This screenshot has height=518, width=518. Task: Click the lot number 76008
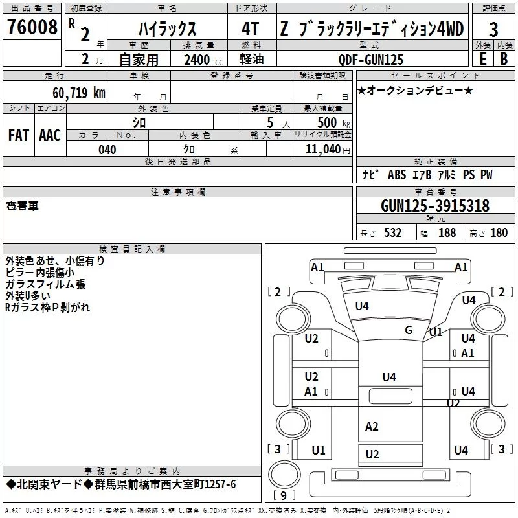(32, 27)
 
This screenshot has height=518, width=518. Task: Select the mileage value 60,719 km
(79, 93)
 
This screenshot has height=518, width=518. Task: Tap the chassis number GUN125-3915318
(435, 205)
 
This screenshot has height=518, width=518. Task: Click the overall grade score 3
(493, 30)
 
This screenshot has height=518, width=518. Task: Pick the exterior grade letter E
(483, 59)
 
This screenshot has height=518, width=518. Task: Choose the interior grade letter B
(504, 59)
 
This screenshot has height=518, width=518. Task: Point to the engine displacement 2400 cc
(203, 60)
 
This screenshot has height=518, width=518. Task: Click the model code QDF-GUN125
(371, 60)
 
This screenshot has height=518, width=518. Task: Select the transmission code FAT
(19, 135)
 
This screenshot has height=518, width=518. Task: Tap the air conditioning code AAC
(50, 135)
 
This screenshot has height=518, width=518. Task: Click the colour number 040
(107, 150)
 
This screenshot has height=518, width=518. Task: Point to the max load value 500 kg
(333, 122)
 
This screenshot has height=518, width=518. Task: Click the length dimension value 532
(393, 232)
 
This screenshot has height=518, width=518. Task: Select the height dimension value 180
(499, 232)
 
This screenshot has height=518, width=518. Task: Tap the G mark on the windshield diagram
(409, 330)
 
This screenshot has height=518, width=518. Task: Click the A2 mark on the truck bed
(372, 427)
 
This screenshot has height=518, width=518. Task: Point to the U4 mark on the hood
(362, 306)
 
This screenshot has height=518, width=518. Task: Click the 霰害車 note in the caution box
(22, 206)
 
